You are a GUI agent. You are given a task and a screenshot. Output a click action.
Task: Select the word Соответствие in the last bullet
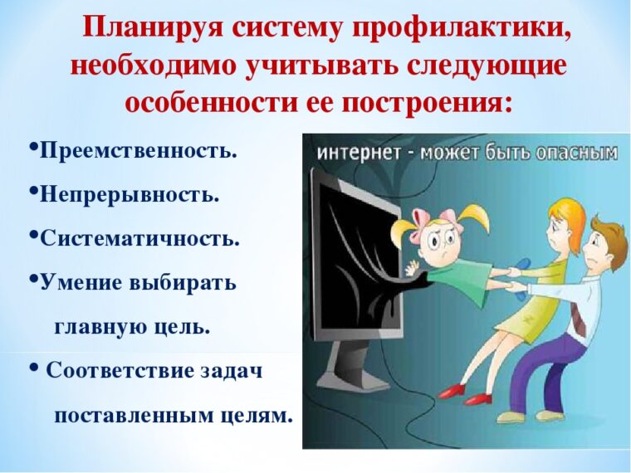120,370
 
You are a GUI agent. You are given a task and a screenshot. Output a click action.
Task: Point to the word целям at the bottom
257,416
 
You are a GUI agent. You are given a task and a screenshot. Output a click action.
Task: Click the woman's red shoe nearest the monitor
452,390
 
